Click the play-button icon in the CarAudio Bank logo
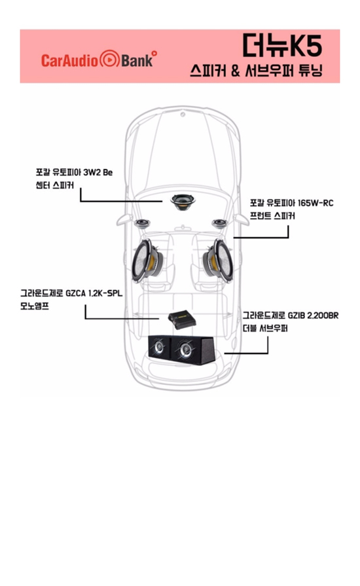pos(109,60)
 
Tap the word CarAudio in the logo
pos(69,60)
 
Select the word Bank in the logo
pos(137,60)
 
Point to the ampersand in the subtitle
pos(235,71)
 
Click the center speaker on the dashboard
pos(183,202)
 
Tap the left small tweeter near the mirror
pos(142,223)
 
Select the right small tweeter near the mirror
pos(219,223)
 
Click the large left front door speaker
pos(147,260)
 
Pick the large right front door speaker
pos(218,260)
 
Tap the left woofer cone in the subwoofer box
pos(158,347)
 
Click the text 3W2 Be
pos(98,172)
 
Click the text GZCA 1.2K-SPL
pos(94,293)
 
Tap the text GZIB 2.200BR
pos(313,316)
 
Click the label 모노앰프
pos(35,306)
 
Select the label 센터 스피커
pos(54,185)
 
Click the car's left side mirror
pos(124,219)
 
